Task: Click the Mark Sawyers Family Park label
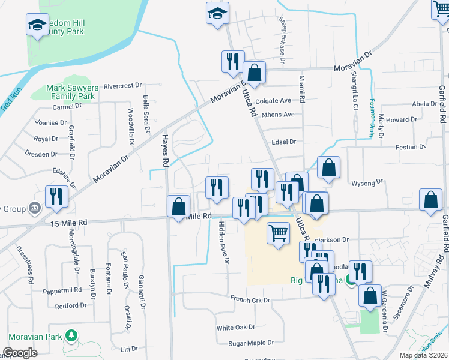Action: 71,92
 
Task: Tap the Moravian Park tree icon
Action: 72,335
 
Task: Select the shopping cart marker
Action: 278,232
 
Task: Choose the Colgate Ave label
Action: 273,101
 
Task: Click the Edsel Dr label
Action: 285,142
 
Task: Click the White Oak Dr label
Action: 236,328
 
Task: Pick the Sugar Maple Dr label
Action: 251,343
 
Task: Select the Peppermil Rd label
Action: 62,290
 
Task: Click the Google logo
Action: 19,352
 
